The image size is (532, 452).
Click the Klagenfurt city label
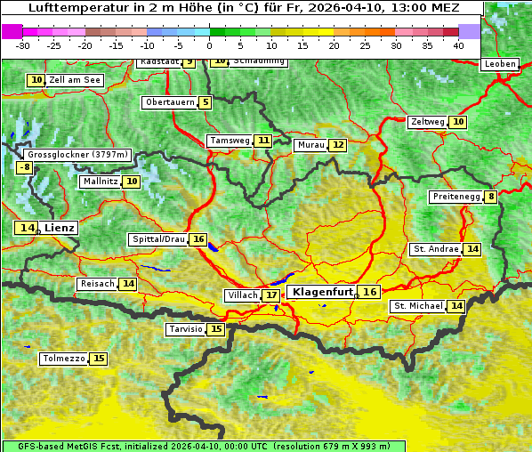coord(323,292)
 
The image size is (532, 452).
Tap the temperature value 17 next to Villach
coord(271,295)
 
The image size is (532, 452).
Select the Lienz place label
coord(60,228)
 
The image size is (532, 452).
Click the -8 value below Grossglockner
coord(25,167)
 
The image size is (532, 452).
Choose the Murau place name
coord(310,145)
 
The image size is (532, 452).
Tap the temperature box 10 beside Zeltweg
coord(458,122)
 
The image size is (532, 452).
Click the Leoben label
coord(499,64)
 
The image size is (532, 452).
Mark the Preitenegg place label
coord(456,197)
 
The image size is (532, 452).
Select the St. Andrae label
coord(436,249)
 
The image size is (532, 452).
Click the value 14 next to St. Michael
coord(456,306)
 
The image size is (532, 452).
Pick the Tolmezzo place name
coord(63,359)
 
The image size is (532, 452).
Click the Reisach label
coord(97,284)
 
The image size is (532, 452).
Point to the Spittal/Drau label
coord(158,239)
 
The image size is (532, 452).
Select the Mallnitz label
coord(100,182)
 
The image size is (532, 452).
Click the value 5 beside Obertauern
coord(206,102)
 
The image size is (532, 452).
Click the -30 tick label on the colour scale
coord(23,44)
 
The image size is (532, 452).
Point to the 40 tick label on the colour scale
coord(458,44)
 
